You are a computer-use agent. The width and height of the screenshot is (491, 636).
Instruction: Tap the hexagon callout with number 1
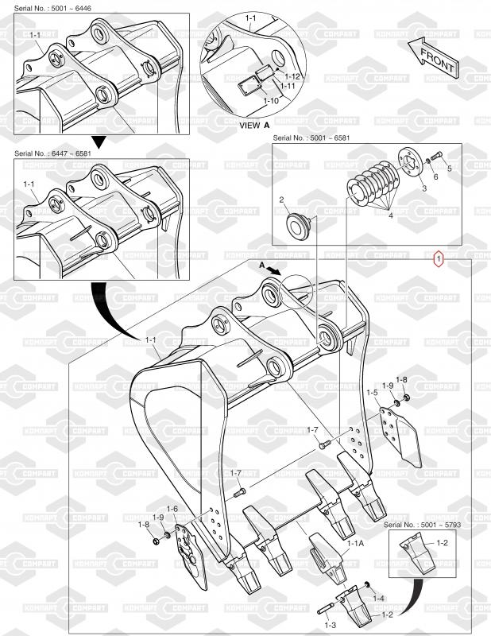(x=439, y=258)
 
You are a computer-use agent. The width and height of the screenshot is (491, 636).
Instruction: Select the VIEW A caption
(x=254, y=126)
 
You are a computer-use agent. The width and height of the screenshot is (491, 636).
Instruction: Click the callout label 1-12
(x=292, y=76)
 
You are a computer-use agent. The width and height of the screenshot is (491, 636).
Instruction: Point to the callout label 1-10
(x=271, y=101)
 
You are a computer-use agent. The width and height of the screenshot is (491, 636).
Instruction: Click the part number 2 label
(x=281, y=200)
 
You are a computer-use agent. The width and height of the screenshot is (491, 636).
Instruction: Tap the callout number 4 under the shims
(x=390, y=215)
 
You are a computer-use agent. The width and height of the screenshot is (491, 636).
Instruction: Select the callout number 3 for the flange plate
(x=424, y=188)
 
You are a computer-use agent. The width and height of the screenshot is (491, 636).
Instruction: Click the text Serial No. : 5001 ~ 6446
(x=52, y=8)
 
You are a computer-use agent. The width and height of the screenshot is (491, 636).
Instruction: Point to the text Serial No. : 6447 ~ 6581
(x=52, y=153)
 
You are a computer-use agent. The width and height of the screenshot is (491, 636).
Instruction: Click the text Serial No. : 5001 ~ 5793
(x=422, y=525)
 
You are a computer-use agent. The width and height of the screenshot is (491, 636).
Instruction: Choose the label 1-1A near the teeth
(x=356, y=543)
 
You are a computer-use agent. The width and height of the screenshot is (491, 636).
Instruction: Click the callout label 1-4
(x=378, y=598)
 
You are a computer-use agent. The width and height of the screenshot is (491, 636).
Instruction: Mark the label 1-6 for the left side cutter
(x=172, y=509)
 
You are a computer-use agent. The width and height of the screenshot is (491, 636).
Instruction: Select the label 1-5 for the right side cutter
(x=372, y=393)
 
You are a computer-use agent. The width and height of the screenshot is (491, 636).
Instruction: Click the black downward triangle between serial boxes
(x=99, y=142)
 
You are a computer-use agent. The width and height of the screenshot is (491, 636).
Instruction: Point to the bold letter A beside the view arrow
(x=261, y=265)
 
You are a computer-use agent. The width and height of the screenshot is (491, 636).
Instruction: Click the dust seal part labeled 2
(x=298, y=223)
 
